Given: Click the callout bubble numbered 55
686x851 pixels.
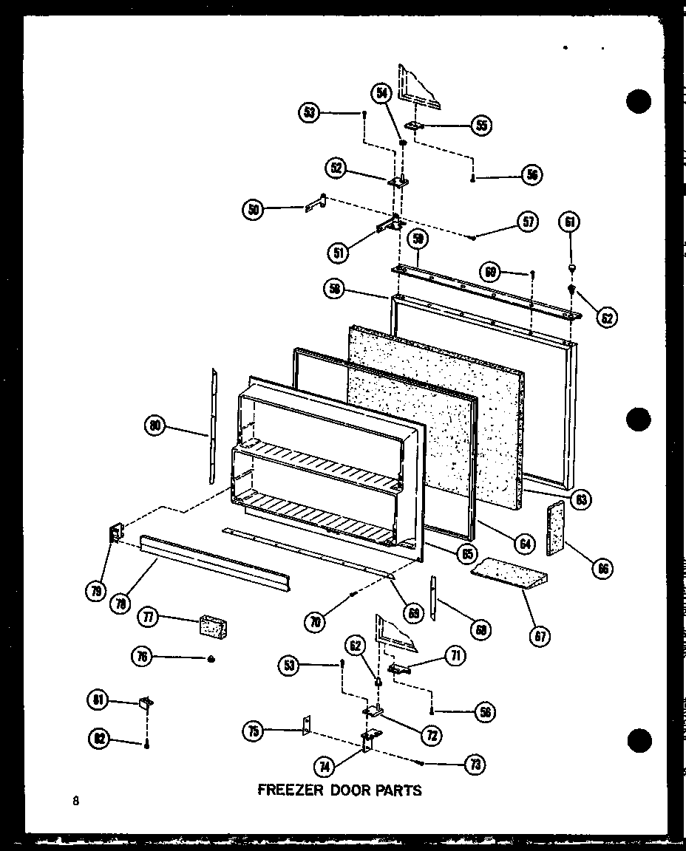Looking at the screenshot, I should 481,125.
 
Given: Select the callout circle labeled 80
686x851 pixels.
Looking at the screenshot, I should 156,425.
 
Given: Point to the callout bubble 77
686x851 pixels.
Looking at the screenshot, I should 149,618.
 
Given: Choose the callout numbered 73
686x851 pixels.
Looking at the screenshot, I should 475,765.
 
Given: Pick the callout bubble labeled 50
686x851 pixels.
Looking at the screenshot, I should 253,210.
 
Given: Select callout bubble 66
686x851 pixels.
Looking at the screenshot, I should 602,569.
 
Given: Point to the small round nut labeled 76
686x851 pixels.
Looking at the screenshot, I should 211,658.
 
